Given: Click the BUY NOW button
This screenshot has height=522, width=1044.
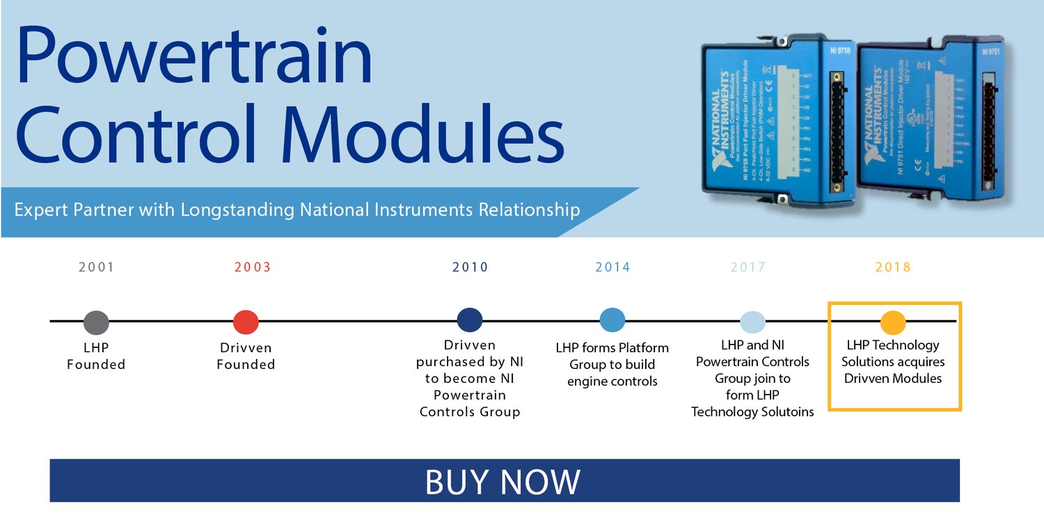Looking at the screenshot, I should point(504,481).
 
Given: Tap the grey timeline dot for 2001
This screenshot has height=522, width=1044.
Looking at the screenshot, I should point(96,322).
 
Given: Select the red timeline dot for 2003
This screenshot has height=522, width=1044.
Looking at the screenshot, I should point(246,322).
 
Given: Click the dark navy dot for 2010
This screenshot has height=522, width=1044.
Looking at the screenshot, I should point(470,320).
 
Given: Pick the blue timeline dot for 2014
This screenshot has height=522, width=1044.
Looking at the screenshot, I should point(612,320).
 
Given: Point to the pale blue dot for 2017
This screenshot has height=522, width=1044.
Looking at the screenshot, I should point(752,322).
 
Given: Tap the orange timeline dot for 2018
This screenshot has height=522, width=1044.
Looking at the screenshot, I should point(893,322).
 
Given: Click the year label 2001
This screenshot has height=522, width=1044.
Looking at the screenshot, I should point(96,267).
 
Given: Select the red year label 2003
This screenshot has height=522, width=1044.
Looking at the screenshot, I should point(253,267).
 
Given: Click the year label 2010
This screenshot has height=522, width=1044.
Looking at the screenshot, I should point(470,267).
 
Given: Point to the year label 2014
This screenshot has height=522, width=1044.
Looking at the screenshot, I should point(612,267).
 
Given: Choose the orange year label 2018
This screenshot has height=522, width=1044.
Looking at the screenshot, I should point(893,267).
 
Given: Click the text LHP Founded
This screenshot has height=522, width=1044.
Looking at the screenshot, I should point(96,356).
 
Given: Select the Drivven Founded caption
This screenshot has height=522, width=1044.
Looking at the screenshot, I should point(246,356).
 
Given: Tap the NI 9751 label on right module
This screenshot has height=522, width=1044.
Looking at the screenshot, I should point(992,52).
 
